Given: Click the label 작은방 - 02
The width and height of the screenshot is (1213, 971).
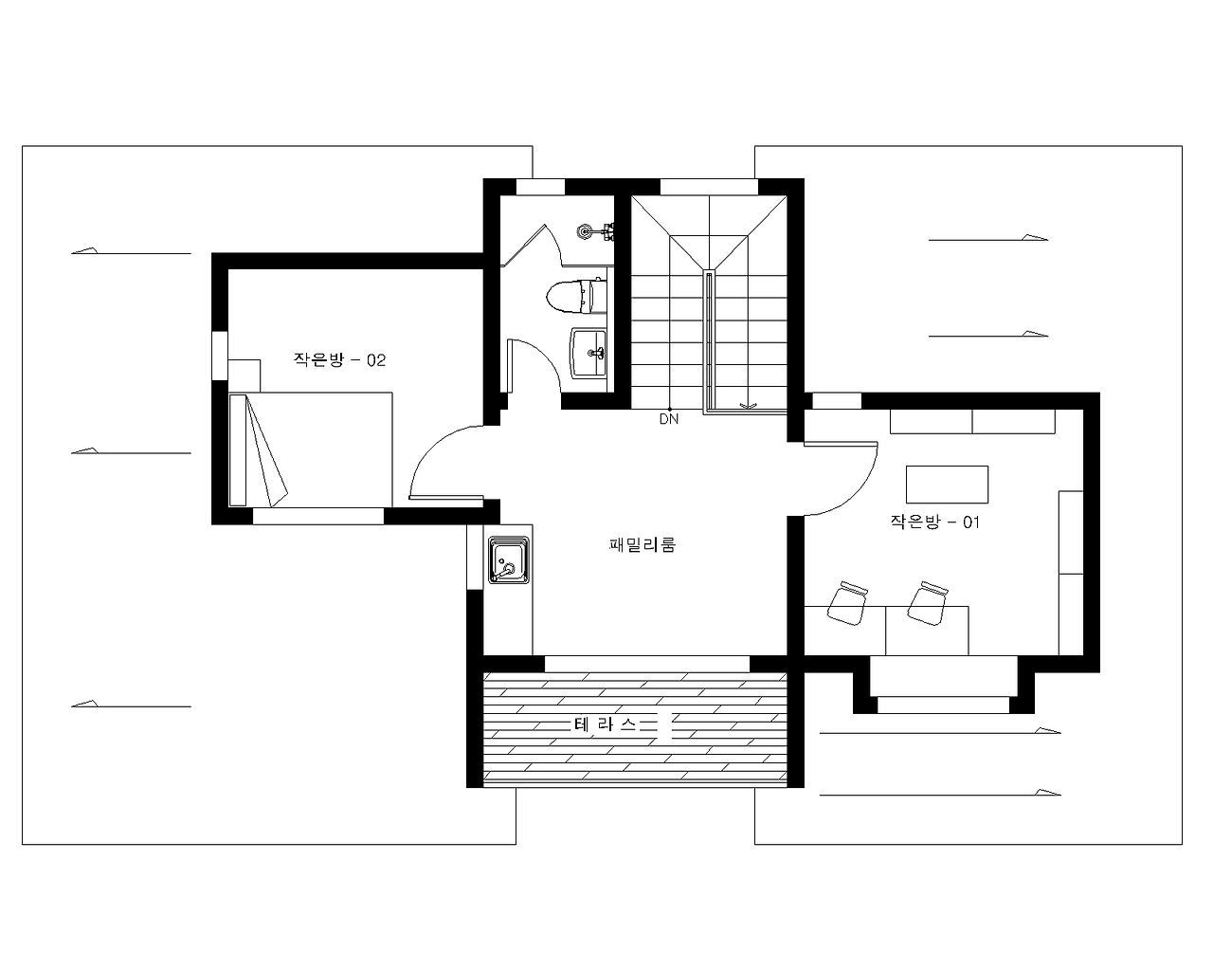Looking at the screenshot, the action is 339,360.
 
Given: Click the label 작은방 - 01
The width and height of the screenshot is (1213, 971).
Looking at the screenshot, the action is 935,522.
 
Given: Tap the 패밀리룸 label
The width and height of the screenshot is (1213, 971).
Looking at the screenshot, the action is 642,544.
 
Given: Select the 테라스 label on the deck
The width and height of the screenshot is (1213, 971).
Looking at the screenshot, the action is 606,724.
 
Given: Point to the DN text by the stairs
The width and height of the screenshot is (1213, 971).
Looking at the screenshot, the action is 669,419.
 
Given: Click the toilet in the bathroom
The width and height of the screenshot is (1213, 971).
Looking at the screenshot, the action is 576,296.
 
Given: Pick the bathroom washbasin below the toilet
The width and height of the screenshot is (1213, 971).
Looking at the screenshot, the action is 588,353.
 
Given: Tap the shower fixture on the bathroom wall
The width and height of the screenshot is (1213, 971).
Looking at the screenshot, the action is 595,231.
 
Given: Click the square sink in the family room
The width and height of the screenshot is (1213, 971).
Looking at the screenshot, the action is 509,560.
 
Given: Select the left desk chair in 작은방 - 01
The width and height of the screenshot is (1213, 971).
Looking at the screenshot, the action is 847,603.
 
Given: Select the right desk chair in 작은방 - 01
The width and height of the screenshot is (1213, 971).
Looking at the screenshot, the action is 928,603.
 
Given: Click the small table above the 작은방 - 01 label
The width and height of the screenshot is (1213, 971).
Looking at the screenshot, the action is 947,485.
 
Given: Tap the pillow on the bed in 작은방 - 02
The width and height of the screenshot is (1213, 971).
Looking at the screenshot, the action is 238,450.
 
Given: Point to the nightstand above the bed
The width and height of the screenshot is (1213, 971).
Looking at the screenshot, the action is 244,376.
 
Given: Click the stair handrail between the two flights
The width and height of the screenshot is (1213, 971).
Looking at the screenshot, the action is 709,342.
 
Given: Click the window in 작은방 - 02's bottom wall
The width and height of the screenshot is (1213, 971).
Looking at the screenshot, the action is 317,516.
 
